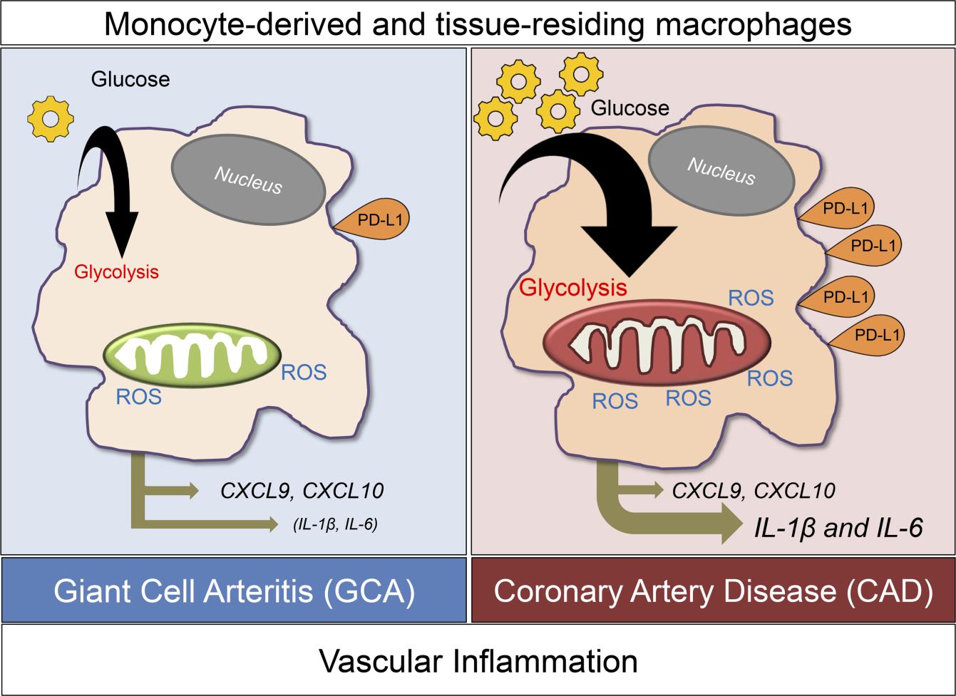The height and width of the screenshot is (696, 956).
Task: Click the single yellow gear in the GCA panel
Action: coord(50,118)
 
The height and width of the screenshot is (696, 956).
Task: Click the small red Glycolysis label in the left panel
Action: coord(115,271)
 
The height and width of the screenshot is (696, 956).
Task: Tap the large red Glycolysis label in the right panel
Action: coord(573,288)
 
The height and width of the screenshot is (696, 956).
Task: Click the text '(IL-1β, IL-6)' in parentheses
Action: coord(334,525)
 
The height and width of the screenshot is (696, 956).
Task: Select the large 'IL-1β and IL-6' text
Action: coord(838,528)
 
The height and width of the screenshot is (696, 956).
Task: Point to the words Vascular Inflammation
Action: coord(478,660)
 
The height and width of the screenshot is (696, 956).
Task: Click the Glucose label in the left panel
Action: coord(130,78)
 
